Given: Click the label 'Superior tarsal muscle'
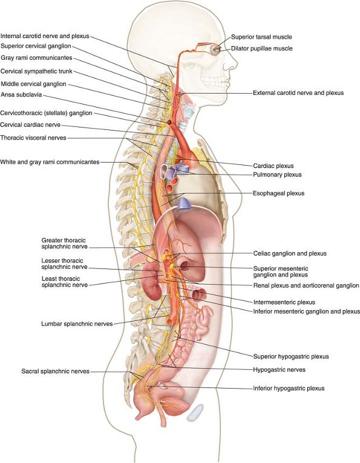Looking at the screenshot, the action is [261, 37].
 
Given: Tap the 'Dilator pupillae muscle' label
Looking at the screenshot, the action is [261, 48].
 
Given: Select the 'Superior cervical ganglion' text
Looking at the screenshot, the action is [36, 46].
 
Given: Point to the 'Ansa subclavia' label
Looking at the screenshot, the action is [21, 95].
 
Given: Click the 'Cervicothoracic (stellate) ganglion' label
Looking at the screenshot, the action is [47, 113].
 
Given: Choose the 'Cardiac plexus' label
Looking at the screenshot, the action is [273, 166].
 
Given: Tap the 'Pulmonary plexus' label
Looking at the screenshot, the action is [277, 175].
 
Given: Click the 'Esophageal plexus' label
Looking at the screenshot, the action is [278, 193].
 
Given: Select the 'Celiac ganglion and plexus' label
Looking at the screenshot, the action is [290, 253].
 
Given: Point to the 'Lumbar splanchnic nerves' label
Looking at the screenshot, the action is [77, 324].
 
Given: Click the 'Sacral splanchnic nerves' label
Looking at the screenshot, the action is [55, 371].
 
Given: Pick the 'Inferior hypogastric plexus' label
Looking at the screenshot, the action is [289, 388].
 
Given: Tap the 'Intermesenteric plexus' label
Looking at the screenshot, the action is [284, 302].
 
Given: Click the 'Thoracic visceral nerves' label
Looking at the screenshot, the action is [33, 138].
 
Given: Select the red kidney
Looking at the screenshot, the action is [152, 280].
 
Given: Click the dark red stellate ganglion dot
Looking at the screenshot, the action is [169, 122].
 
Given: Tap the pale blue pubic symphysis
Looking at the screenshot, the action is [195, 412].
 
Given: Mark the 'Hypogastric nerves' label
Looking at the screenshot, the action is [279, 370].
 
